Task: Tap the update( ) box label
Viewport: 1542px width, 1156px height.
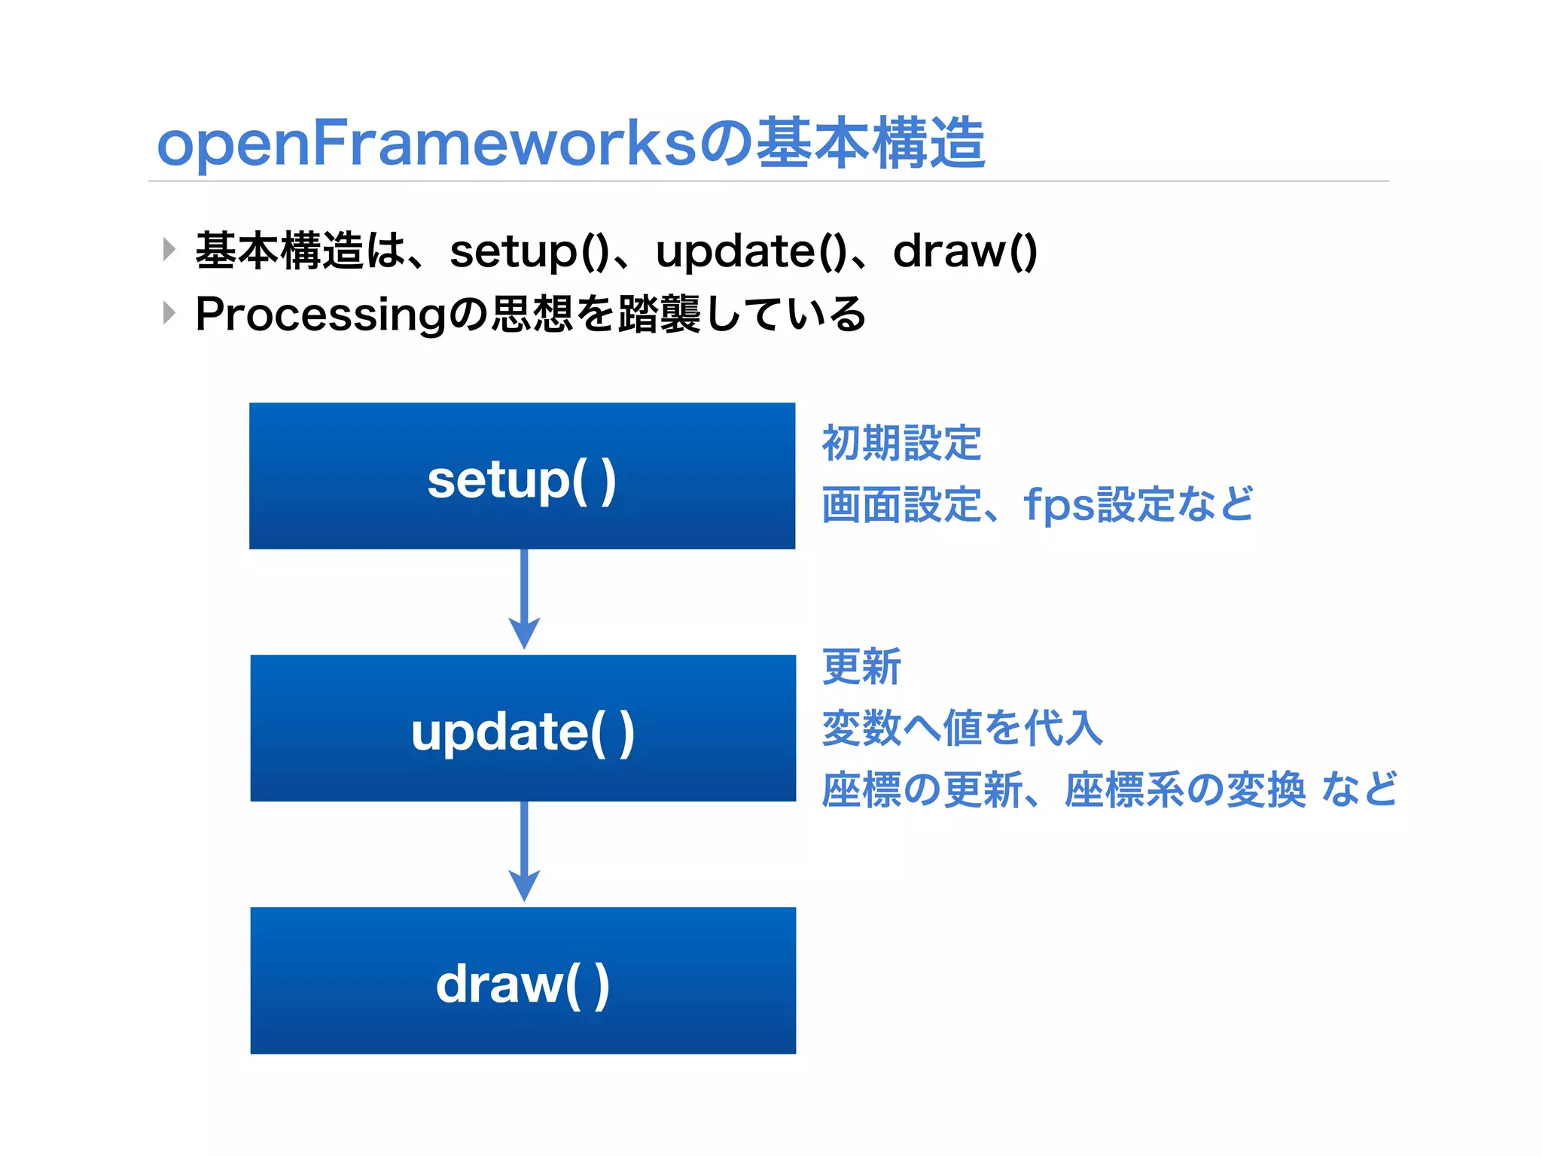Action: [x=523, y=732]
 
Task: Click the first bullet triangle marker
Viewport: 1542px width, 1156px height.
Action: [x=169, y=249]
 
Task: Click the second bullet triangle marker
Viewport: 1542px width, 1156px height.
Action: [x=169, y=312]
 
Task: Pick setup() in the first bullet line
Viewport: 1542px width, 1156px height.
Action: [x=529, y=251]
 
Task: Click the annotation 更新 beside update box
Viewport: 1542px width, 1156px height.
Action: [x=861, y=666]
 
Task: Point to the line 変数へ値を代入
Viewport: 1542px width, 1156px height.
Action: [x=962, y=728]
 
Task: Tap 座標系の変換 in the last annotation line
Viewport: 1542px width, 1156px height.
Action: [x=1184, y=789]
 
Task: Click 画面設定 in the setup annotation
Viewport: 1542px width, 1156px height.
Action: [x=901, y=504]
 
